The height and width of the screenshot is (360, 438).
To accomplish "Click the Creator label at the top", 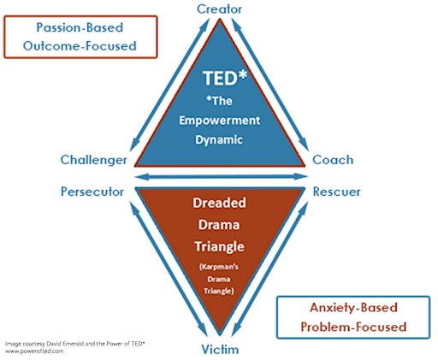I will coord(219,9).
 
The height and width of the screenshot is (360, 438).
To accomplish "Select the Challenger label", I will coord(94,160).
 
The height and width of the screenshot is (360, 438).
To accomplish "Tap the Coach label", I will coord(333,160).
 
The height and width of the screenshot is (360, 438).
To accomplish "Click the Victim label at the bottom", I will coord(219,350).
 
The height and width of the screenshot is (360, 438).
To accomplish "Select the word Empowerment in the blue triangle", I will coord(219,119).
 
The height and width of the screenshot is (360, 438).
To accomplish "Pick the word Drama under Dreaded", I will coord(219,224).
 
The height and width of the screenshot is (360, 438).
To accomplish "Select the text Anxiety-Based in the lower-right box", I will coord(354,307).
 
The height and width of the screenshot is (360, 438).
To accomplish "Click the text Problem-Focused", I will coord(354,326).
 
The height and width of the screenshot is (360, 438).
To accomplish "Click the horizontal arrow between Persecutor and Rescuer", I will coord(219,179).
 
